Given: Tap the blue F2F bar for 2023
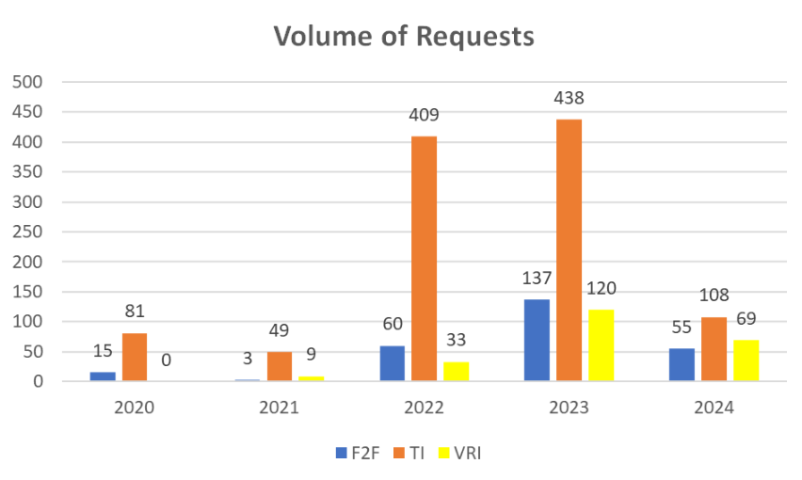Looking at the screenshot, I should [537, 340].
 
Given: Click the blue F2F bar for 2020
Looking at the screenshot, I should [103, 376].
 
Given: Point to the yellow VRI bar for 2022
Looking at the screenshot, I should [456, 372].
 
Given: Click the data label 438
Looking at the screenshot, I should [569, 98].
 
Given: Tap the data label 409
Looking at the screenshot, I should [424, 116].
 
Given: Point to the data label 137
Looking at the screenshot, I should [537, 279].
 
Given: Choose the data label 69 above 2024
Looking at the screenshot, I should [746, 319].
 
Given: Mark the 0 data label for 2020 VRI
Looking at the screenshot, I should [167, 360].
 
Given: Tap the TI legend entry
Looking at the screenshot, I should [409, 453].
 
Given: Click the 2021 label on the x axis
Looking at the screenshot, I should [279, 408].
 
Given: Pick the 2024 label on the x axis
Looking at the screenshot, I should [714, 408].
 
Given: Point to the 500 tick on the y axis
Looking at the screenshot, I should [27, 82].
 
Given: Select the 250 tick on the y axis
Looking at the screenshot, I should [27, 232].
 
